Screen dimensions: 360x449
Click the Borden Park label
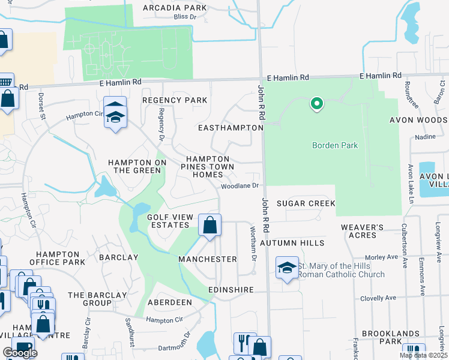(x=335, y=145)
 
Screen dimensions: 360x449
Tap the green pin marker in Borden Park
(x=316, y=104)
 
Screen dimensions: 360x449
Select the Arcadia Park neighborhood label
(x=175, y=8)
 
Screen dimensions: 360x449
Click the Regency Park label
(x=174, y=100)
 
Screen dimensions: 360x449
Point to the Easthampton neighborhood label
(x=231, y=128)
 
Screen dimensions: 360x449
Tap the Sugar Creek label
(x=306, y=203)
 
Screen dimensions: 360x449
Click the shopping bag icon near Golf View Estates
(x=210, y=226)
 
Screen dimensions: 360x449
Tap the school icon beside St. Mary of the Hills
(x=287, y=267)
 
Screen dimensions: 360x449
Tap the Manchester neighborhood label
(x=208, y=259)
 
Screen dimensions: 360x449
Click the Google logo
(x=20, y=353)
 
